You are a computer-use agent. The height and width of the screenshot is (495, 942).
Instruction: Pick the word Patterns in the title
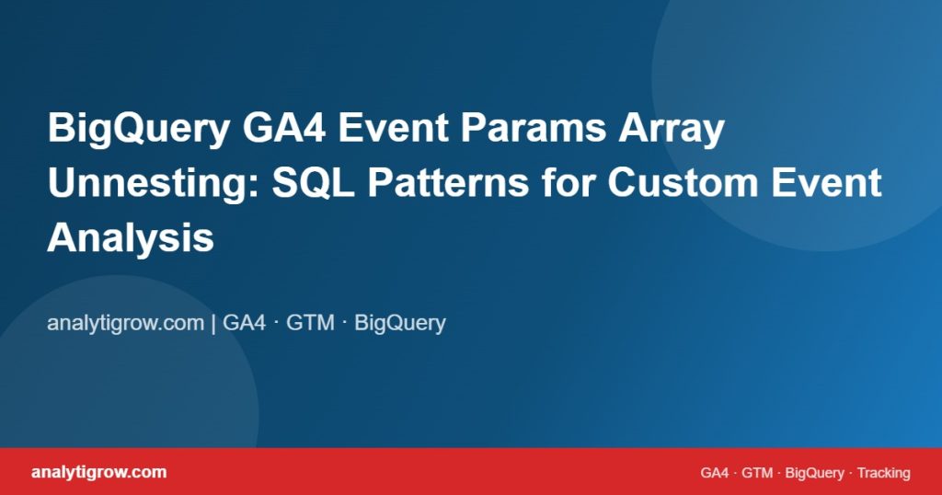[448, 182]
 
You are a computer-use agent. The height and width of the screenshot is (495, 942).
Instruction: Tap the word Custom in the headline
[684, 182]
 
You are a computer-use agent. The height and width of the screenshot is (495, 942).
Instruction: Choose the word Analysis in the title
[131, 238]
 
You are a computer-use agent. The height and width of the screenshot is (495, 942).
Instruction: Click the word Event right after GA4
[394, 128]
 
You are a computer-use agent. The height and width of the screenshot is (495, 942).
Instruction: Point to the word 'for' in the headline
[569, 182]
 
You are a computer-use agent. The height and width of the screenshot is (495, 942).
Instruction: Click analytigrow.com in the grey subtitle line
[125, 323]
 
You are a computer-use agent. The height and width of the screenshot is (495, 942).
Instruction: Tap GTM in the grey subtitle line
[310, 323]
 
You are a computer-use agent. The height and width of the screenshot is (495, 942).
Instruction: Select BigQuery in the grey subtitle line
[400, 323]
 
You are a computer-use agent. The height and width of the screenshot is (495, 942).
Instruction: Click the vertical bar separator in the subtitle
[213, 323]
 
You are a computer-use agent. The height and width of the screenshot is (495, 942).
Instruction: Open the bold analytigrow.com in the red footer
[99, 472]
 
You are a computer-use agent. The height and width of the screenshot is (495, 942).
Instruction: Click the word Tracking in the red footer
[884, 473]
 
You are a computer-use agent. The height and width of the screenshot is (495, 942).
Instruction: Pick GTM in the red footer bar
[757, 473]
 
